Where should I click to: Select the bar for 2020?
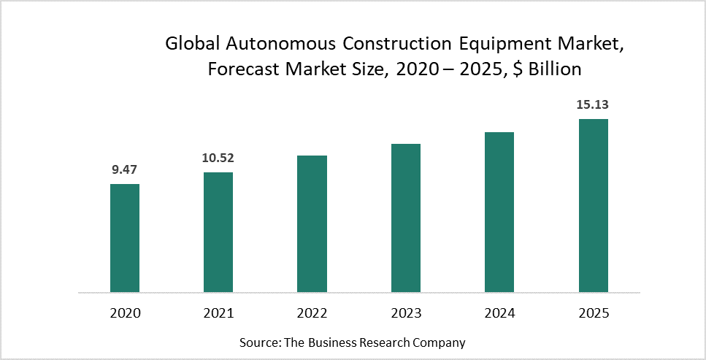click(x=125, y=238)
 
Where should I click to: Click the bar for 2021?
click(x=218, y=232)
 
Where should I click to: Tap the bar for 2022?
click(x=312, y=224)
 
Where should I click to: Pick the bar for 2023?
click(x=406, y=218)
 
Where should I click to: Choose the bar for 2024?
click(x=499, y=212)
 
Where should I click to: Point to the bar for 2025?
click(x=593, y=206)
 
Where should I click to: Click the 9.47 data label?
click(x=125, y=169)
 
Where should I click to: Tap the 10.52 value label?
click(x=218, y=158)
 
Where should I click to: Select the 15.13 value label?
click(x=593, y=104)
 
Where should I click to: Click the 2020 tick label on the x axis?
click(x=125, y=313)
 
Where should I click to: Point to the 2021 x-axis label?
click(x=218, y=313)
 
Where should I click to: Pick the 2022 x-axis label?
click(x=312, y=313)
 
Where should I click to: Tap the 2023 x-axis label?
click(x=406, y=313)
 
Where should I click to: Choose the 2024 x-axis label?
click(x=499, y=313)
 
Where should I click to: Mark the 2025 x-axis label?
click(x=593, y=313)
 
